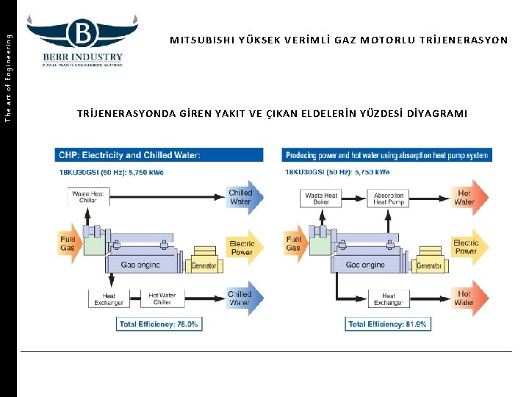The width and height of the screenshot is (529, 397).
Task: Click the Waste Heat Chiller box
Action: tap(88, 197)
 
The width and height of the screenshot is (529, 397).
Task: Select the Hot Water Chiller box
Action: tap(162, 299)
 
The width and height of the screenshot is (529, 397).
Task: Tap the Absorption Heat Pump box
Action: tap(389, 198)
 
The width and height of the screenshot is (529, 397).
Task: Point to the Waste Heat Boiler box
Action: tap(321, 198)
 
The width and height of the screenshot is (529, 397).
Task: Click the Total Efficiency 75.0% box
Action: tap(159, 323)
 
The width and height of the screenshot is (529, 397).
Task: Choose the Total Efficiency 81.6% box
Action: tap(387, 323)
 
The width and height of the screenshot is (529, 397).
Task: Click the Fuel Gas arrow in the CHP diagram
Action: tap(69, 243)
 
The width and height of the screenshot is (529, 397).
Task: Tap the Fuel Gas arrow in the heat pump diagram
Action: tap(295, 243)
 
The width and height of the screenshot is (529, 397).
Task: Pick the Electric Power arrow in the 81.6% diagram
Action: tap(465, 248)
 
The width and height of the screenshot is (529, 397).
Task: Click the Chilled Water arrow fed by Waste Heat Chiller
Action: tap(240, 197)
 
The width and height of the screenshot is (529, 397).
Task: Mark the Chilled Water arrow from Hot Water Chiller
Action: tap(240, 298)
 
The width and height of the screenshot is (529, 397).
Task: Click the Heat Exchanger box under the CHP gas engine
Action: tap(109, 299)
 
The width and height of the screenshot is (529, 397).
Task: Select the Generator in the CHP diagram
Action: tap(204, 265)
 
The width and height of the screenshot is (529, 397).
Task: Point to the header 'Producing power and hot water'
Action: tap(386, 155)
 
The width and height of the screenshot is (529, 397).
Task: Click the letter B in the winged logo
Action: tap(83, 33)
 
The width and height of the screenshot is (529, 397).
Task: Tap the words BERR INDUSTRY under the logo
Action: tap(82, 57)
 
